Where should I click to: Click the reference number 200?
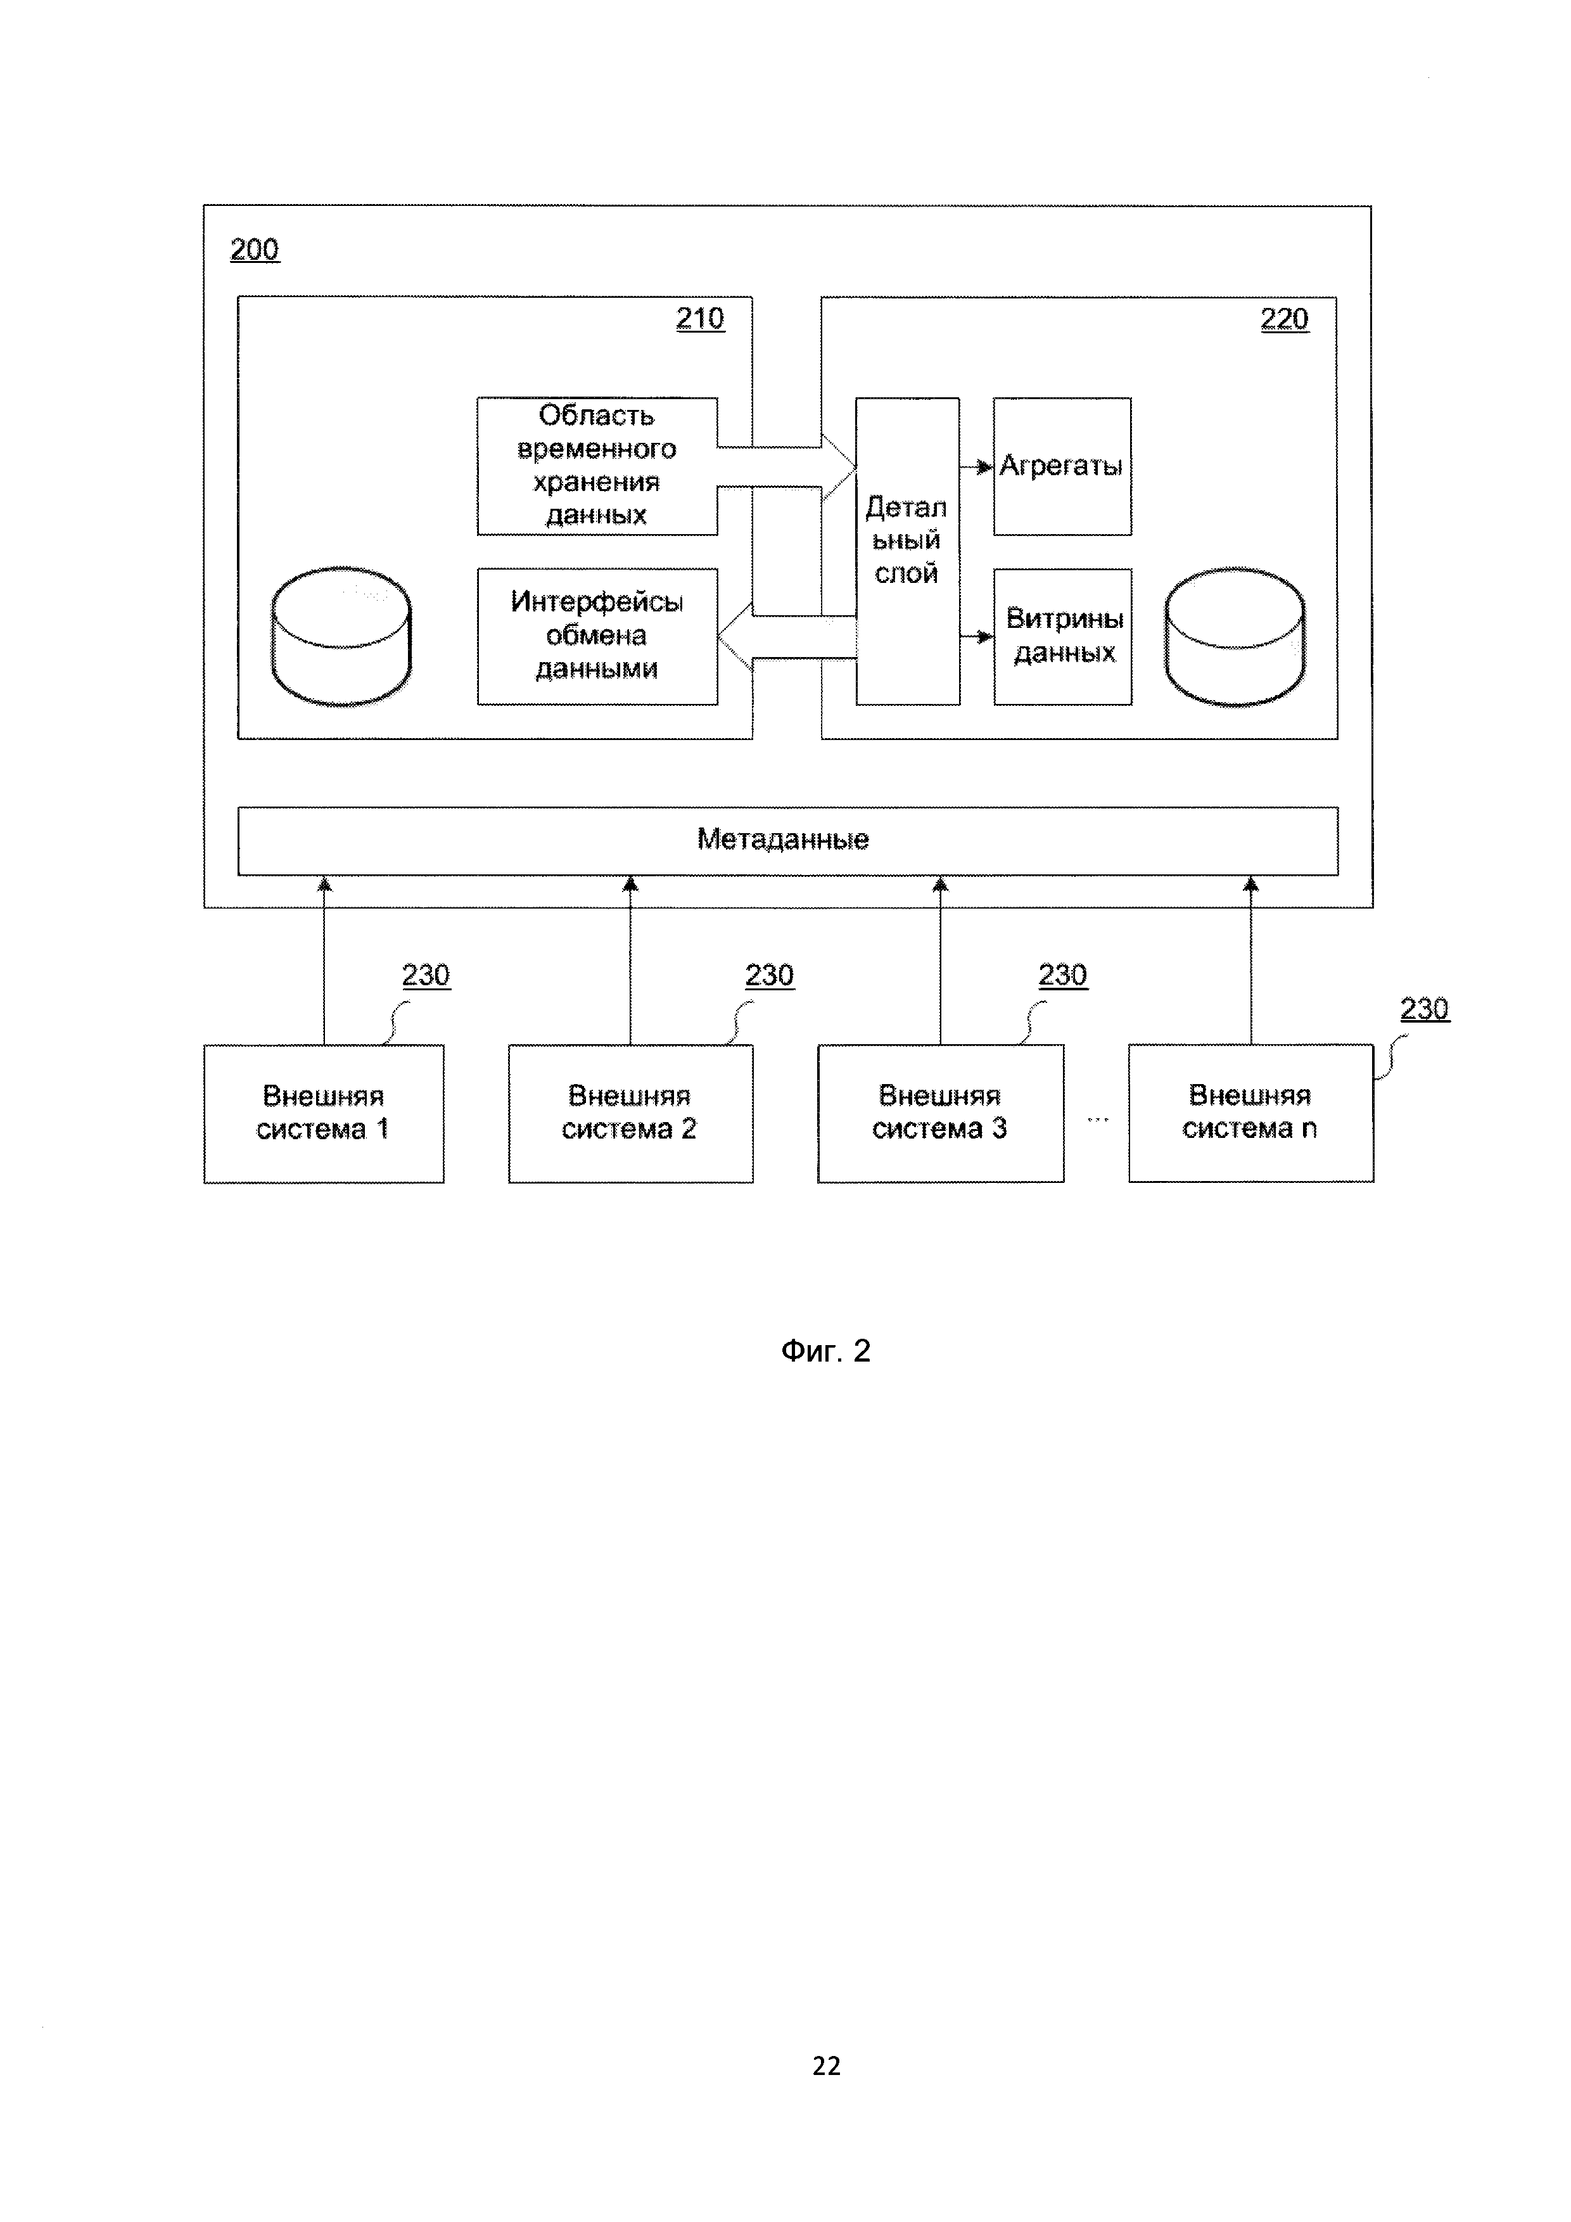[x=255, y=250]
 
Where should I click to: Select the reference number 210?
[x=699, y=319]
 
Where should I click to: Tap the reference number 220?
[x=1283, y=319]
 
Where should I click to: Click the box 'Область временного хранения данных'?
[x=597, y=466]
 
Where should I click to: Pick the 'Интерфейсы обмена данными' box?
[x=597, y=636]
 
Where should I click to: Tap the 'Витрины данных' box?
[x=1062, y=636]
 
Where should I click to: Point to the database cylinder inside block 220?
[x=1235, y=636]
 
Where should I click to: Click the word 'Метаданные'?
[x=782, y=839]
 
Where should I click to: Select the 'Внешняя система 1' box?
[x=323, y=1113]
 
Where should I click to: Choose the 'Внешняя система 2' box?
[x=630, y=1113]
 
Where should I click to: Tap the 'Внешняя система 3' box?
[x=939, y=1113]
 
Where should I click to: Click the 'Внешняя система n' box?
[x=1250, y=1113]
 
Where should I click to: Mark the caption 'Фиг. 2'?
[x=825, y=1350]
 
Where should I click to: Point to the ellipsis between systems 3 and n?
[x=1097, y=1120]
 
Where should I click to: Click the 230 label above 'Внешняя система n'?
[x=1424, y=1009]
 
